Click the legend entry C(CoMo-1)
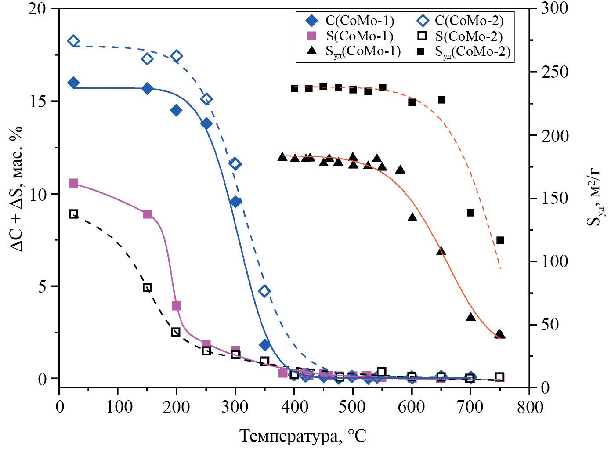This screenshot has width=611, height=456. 351,21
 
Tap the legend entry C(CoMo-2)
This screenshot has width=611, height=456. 461,21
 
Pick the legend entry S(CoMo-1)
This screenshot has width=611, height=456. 351,36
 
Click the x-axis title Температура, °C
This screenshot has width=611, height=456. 303,436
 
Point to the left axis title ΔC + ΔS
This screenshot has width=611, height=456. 17,189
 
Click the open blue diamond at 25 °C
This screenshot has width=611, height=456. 73,41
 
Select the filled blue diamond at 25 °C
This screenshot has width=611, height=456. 73,83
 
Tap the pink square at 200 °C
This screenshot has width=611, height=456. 176,306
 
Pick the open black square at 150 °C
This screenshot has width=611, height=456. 147,288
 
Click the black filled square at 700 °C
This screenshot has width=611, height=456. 470,213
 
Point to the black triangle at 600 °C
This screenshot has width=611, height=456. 412,217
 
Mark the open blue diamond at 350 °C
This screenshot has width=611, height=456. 264,291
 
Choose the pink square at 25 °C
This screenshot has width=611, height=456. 73,183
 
